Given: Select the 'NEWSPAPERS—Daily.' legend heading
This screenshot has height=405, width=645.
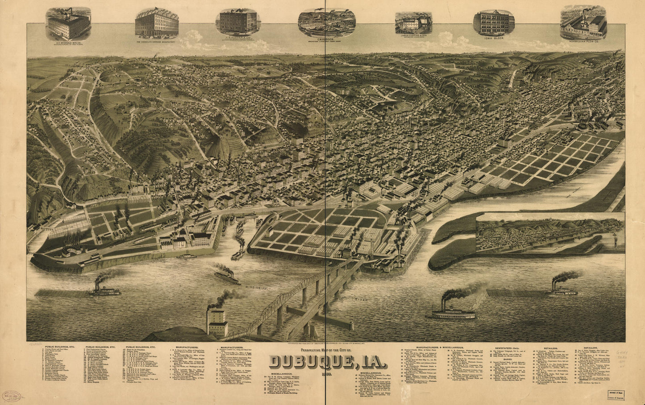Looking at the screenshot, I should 508,347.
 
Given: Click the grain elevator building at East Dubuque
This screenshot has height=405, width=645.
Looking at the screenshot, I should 217,322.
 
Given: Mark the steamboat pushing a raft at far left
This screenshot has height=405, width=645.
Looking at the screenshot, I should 105,291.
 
